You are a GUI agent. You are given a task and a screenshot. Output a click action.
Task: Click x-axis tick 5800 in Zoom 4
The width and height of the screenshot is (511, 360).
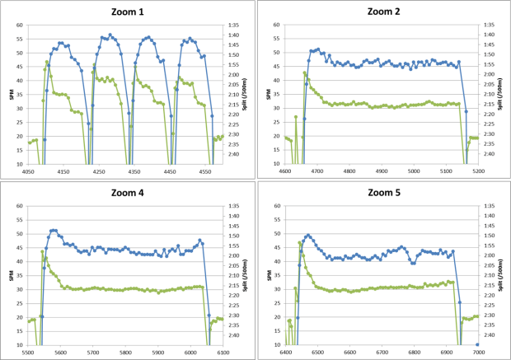(x=125, y=353)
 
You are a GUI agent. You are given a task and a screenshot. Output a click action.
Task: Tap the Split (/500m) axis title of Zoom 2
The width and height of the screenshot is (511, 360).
(x=504, y=94)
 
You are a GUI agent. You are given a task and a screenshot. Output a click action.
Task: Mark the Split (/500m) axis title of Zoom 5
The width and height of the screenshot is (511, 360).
(x=504, y=275)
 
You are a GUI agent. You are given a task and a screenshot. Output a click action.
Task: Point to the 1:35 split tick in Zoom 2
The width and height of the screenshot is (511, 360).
(x=488, y=25)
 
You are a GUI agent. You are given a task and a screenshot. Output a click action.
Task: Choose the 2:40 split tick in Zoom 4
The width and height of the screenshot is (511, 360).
(x=233, y=335)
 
